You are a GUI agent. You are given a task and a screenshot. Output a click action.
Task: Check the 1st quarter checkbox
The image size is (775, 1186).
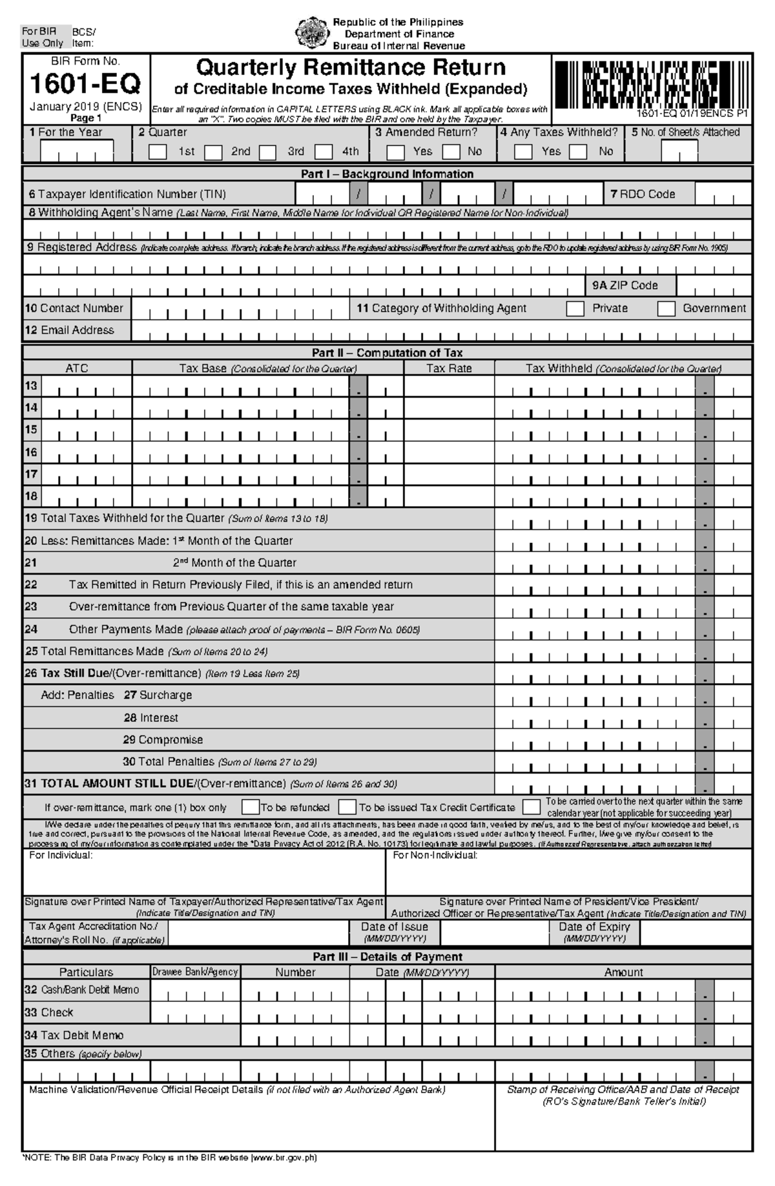158,152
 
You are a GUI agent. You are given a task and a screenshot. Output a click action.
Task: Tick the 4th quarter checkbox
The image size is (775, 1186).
324,152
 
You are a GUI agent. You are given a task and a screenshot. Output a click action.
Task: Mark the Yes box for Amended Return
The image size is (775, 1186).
395,152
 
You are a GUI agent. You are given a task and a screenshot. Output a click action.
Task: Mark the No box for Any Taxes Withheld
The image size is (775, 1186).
578,152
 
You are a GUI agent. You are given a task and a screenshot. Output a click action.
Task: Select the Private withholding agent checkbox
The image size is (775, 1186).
575,309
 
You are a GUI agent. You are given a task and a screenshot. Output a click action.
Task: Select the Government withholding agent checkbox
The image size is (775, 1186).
666,309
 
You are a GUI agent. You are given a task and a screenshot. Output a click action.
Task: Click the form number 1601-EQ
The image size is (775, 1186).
85,84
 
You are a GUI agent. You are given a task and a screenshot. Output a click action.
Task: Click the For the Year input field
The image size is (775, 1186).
76,152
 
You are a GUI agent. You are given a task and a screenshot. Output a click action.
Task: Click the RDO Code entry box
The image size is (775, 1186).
723,194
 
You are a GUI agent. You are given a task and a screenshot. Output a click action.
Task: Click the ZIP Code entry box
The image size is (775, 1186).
714,286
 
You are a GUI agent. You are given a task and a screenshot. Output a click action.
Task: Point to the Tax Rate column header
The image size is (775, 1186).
449,368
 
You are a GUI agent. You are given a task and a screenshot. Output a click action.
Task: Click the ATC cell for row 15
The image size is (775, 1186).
86,430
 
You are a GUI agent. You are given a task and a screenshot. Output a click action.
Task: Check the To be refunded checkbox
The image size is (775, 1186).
250,807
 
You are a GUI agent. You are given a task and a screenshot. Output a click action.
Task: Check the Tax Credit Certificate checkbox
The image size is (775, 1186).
347,807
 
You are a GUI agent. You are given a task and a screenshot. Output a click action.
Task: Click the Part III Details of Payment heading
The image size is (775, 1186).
387,957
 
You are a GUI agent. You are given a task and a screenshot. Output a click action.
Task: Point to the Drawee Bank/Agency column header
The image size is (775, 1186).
195,972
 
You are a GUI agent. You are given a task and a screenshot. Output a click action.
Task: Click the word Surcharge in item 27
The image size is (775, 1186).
165,695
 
